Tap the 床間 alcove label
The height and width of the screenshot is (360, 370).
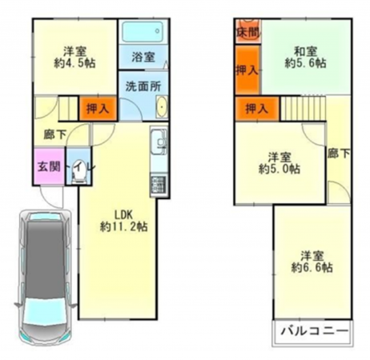pyautogui.click(x=247, y=33)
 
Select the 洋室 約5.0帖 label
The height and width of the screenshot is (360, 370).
pyautogui.click(x=279, y=162)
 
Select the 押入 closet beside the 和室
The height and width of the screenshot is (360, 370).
pyautogui.click(x=247, y=70)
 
